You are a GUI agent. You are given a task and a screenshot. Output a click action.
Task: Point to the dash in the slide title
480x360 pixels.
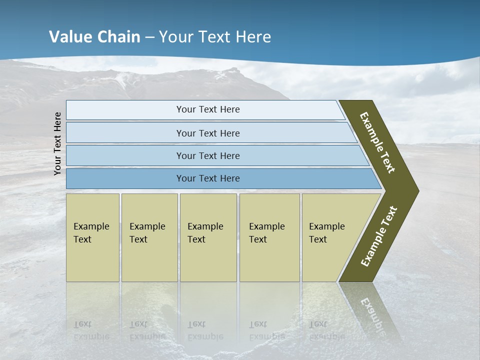coord(149,37)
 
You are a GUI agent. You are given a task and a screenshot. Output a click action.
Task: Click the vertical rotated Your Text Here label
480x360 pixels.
coord(57,143)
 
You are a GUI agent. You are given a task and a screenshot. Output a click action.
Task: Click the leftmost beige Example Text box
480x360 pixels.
coord(92,237)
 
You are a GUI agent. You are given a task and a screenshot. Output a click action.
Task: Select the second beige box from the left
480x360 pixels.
coord(149,237)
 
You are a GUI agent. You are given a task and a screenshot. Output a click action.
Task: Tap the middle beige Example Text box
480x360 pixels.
coord(208,237)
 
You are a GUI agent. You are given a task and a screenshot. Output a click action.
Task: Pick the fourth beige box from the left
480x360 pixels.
coord(269,237)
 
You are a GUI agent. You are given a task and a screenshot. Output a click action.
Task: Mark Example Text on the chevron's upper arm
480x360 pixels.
coord(377,142)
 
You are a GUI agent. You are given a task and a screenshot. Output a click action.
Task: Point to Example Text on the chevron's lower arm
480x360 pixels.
coord(379,236)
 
